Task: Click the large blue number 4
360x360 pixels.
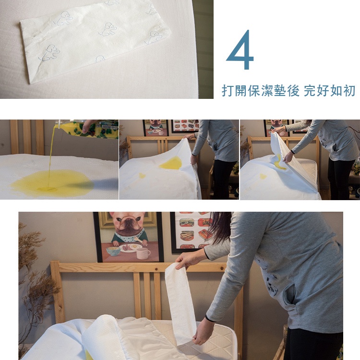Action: coord(240,49)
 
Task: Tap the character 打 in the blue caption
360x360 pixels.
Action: coord(228,90)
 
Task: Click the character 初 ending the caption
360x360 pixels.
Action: coord(349,90)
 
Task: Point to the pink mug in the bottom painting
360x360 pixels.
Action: coord(143,253)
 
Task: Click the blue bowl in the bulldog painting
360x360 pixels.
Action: coord(113,251)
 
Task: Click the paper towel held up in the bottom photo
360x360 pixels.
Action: coord(180,303)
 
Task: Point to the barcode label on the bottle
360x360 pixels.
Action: coord(109,127)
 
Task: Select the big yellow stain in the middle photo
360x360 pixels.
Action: coord(171,163)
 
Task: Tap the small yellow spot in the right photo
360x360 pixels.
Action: coord(263,176)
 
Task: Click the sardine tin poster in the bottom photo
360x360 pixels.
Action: coord(192,232)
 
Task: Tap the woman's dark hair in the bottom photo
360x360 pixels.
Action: coord(220,228)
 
